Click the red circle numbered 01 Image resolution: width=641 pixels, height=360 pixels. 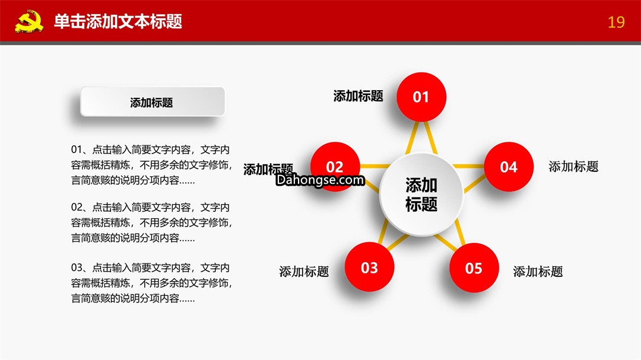[x=421, y=97]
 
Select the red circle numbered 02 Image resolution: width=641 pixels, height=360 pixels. [x=335, y=167]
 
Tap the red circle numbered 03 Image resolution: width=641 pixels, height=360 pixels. [x=369, y=267]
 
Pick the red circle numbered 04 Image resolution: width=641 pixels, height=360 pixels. [x=509, y=167]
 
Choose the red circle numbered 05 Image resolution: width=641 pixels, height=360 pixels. [x=474, y=267]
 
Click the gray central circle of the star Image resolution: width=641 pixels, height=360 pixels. [x=421, y=195]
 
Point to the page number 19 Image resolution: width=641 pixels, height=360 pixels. [x=616, y=22]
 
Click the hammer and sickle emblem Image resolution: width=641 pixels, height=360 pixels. [x=30, y=22]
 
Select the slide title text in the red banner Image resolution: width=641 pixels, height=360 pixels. [x=118, y=21]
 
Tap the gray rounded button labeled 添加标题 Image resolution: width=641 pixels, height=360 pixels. [x=153, y=102]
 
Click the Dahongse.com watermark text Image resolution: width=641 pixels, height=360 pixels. [x=320, y=180]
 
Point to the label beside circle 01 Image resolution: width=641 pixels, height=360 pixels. [x=358, y=96]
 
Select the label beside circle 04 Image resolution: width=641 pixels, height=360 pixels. [x=573, y=166]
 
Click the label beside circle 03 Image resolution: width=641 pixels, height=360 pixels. [x=304, y=271]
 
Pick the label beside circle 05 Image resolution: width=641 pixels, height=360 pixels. [x=538, y=271]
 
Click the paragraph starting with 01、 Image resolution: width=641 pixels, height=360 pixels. [x=152, y=165]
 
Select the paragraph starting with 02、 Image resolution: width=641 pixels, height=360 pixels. [x=152, y=222]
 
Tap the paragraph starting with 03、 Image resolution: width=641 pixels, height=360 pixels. [x=152, y=283]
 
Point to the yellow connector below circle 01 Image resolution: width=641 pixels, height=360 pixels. [x=421, y=138]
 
